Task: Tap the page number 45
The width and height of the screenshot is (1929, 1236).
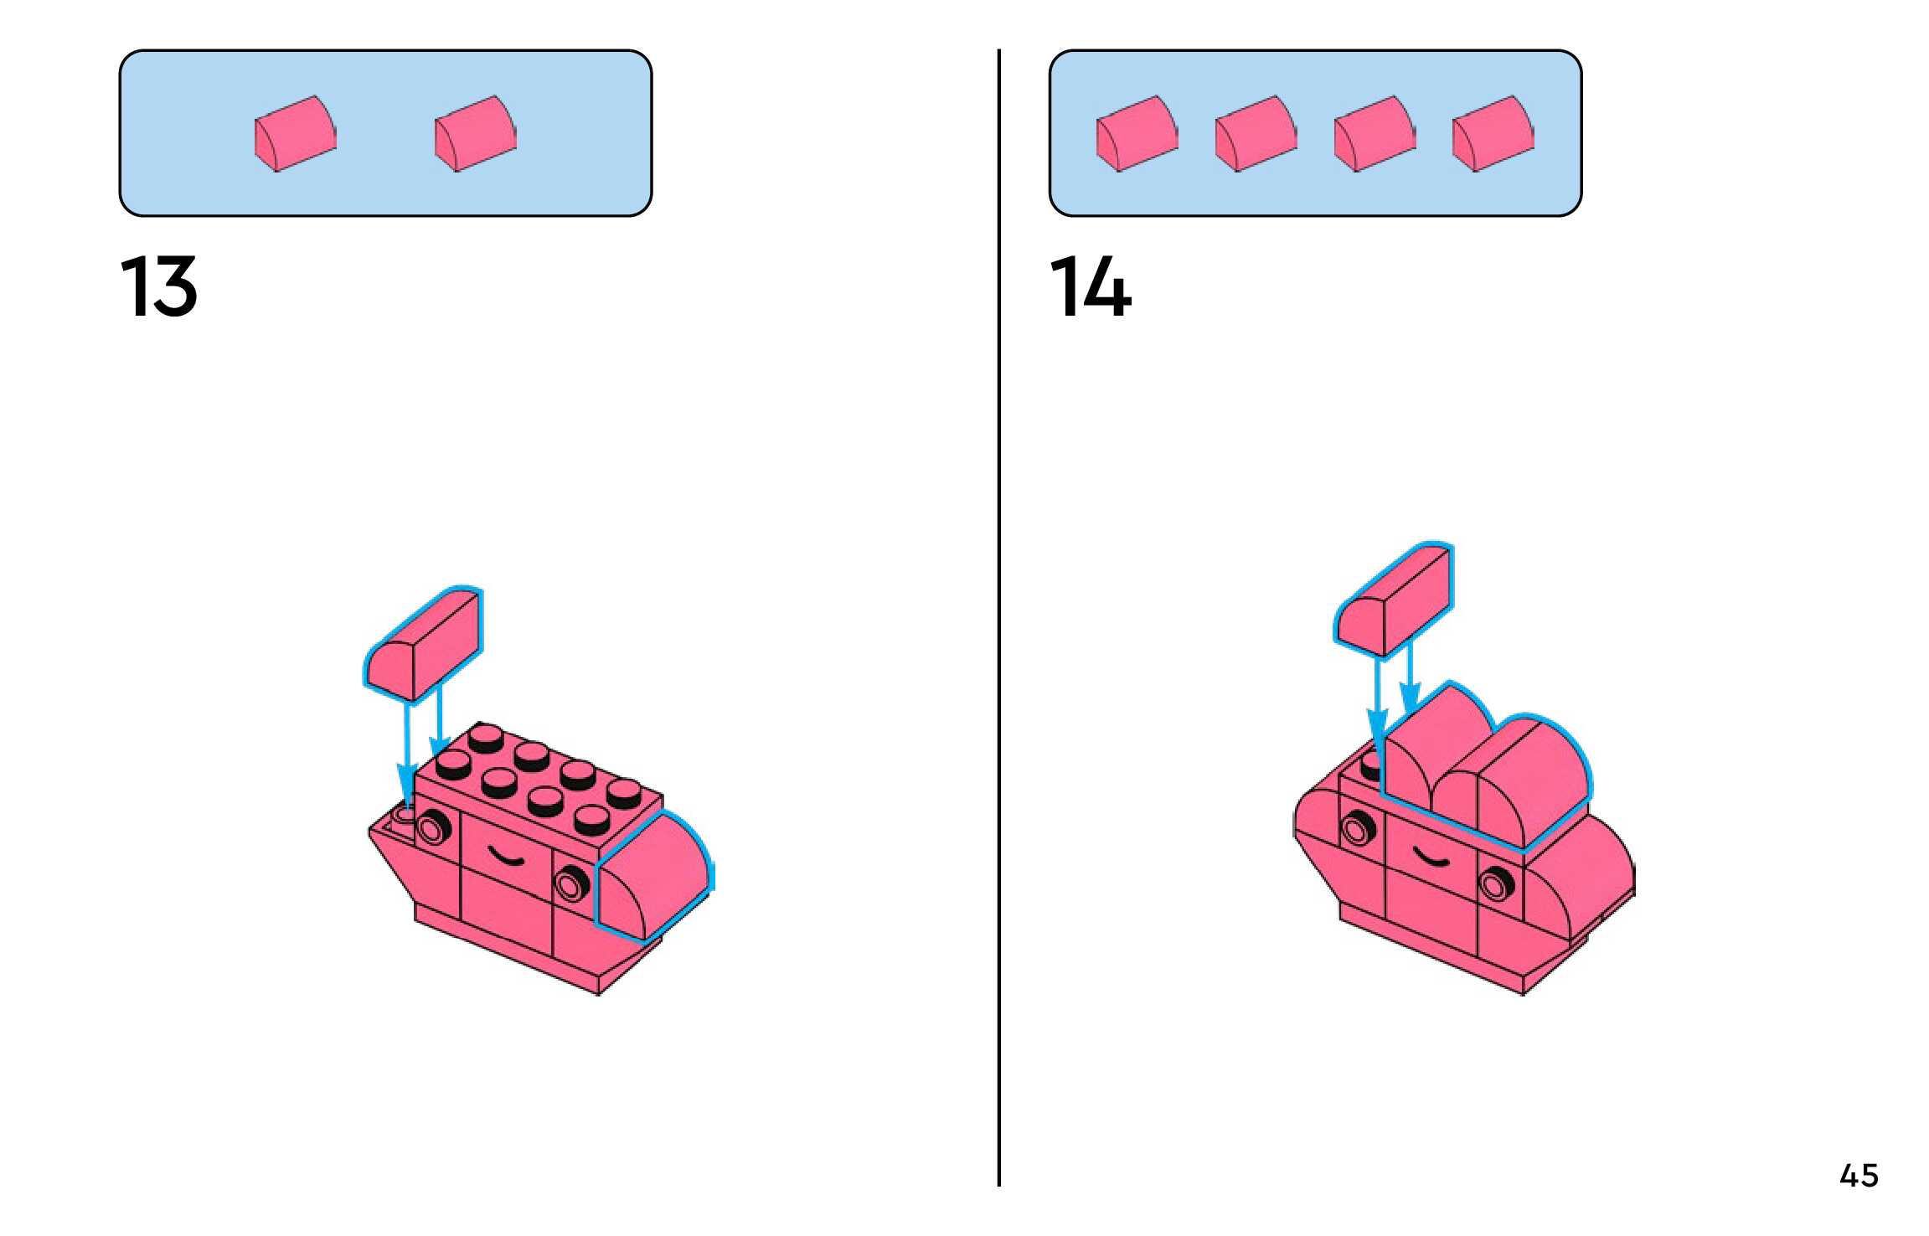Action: click(x=1859, y=1176)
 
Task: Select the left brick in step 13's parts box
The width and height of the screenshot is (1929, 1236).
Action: click(x=296, y=134)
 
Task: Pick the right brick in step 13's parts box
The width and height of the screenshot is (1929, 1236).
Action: click(x=475, y=134)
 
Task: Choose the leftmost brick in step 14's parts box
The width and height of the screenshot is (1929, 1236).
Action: click(x=1137, y=134)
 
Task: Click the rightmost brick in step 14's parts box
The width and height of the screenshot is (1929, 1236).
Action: click(x=1493, y=134)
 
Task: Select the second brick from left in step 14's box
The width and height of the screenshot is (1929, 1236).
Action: click(x=1256, y=134)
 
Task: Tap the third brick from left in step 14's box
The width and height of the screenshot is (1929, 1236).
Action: click(x=1375, y=134)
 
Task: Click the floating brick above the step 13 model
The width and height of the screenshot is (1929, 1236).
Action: click(x=424, y=642)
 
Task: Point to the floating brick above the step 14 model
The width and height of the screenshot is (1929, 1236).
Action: click(x=1394, y=599)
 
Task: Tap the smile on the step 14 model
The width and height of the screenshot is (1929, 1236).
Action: click(x=1431, y=857)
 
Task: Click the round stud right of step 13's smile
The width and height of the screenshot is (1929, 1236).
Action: click(x=571, y=884)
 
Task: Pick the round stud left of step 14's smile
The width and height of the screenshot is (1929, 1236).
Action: click(x=1357, y=829)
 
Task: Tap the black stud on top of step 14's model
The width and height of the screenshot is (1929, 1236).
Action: click(x=1370, y=765)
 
